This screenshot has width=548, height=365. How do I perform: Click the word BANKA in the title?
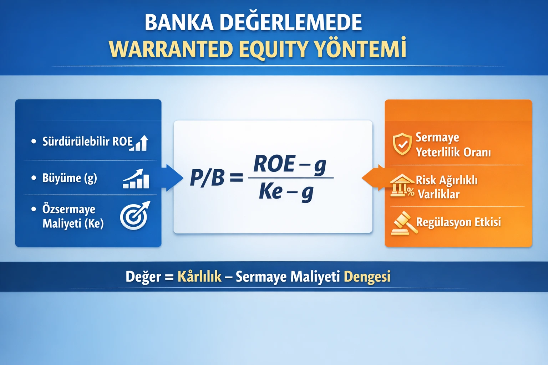coord(179,22)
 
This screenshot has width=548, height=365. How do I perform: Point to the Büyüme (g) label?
coord(70,178)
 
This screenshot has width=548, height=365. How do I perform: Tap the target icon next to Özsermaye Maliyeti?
coord(135,216)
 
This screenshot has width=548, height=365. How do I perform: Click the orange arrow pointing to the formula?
coord(373,178)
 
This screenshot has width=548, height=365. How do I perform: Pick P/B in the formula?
coord(207,178)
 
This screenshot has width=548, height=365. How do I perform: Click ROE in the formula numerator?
coord(274,164)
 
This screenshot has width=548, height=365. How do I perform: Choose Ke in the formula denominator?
coord(271,192)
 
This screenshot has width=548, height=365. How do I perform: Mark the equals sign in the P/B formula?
coord(236,178)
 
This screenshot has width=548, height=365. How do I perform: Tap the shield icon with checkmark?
coord(402,144)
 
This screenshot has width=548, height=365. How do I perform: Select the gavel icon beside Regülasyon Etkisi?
coord(404,223)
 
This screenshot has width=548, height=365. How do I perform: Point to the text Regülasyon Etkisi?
coord(458,222)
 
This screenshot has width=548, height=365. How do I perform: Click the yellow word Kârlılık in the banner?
coord(199,277)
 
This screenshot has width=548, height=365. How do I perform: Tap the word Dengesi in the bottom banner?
coord(367,277)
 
